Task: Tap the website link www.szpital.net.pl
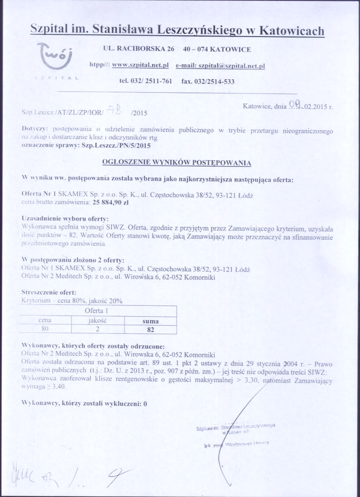[x=140, y=65]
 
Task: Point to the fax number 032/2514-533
[x=208, y=81]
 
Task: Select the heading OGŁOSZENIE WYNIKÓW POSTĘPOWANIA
[x=177, y=162]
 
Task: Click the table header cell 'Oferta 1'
[x=99, y=311]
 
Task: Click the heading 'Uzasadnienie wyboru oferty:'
[x=62, y=218]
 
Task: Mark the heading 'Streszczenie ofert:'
[x=49, y=293]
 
